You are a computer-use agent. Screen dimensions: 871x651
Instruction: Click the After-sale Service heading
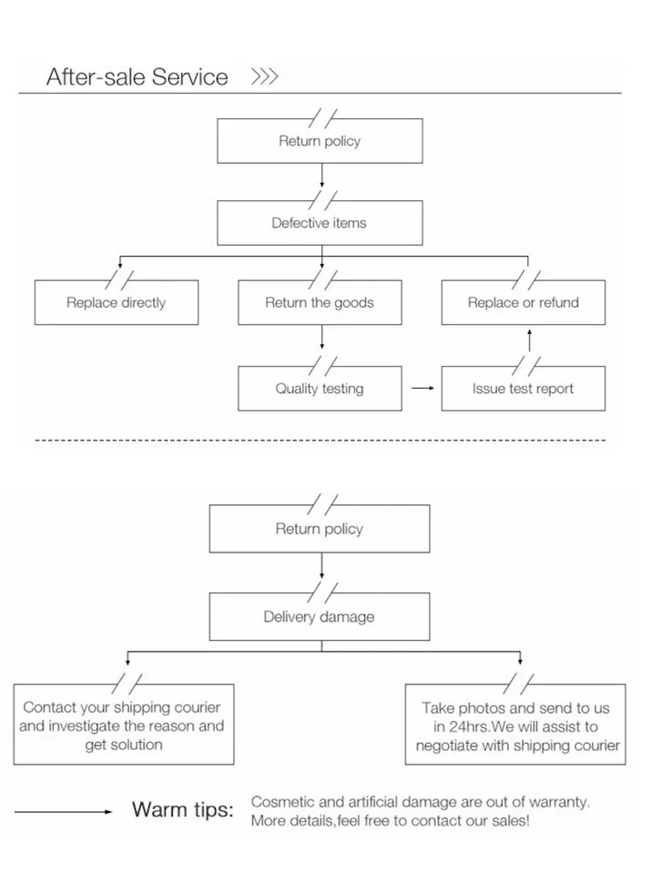(137, 76)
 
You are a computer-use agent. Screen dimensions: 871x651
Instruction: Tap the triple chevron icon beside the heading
(264, 76)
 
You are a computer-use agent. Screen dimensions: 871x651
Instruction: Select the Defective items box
(319, 223)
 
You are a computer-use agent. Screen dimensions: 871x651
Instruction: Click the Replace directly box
(116, 303)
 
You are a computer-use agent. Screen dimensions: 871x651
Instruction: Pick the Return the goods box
(319, 303)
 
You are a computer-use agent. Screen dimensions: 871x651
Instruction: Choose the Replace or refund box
(523, 303)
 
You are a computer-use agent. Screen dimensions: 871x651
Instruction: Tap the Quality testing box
(319, 389)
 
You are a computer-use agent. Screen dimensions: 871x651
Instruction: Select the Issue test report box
(523, 389)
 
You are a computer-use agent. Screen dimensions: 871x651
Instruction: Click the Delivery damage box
(319, 617)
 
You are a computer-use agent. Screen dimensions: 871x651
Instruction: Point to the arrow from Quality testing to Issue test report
(422, 389)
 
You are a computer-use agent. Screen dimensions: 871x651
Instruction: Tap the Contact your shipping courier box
(123, 725)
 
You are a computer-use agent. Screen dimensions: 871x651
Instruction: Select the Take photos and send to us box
(515, 725)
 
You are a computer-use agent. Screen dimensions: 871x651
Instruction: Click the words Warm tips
(182, 810)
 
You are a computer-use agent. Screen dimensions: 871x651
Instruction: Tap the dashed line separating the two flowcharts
(319, 441)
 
